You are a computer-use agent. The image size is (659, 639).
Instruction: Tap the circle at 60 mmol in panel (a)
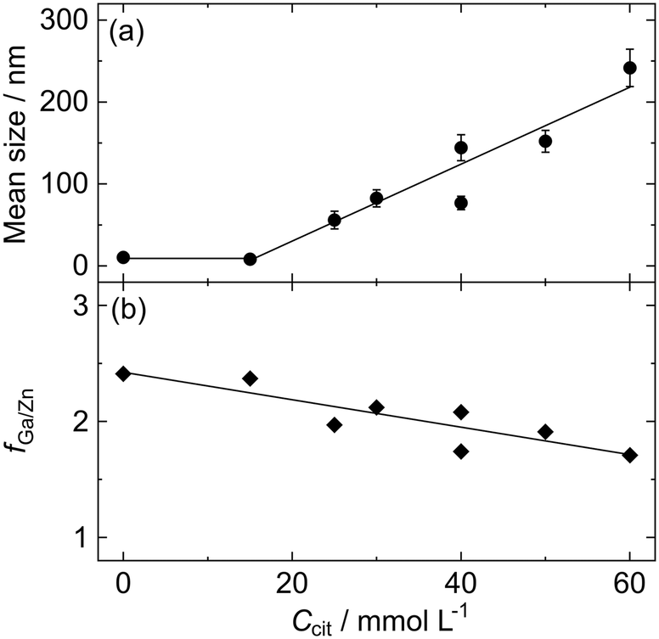pyautogui.click(x=629, y=68)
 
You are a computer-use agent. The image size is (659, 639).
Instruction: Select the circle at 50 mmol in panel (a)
pyautogui.click(x=545, y=141)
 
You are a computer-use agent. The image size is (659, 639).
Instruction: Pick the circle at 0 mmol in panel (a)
pyautogui.click(x=124, y=257)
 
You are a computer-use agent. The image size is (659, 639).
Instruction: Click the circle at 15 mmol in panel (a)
pyautogui.click(x=250, y=259)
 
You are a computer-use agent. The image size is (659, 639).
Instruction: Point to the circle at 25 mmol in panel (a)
pyautogui.click(x=335, y=221)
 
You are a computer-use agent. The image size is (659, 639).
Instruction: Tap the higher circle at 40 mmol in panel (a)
pyautogui.click(x=461, y=148)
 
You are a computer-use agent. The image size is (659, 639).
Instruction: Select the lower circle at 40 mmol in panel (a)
pyautogui.click(x=461, y=203)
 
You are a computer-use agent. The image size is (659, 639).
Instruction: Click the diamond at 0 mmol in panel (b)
pyautogui.click(x=124, y=373)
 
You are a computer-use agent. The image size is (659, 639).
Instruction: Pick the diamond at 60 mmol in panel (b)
pyautogui.click(x=629, y=455)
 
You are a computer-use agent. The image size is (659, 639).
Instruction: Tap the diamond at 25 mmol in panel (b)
pyautogui.click(x=335, y=424)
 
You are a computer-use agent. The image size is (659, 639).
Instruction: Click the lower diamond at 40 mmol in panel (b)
pyautogui.click(x=461, y=451)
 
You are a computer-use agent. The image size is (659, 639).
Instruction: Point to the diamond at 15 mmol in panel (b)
pyautogui.click(x=250, y=378)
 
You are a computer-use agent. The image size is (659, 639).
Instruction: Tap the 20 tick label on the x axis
pyautogui.click(x=292, y=585)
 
